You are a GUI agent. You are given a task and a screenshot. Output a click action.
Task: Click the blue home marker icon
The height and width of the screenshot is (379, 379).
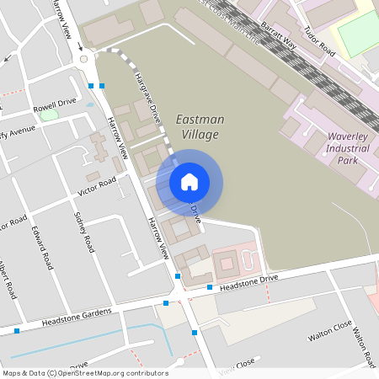(x=189, y=181)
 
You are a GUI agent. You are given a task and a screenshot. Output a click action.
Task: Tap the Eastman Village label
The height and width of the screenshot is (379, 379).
(x=199, y=127)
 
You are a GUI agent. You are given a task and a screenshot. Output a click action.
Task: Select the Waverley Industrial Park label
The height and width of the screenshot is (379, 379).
(x=346, y=147)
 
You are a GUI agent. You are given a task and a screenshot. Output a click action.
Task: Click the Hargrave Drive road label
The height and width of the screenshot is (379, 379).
(x=148, y=96)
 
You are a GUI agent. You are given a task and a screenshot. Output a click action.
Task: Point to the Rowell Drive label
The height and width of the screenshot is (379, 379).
(x=54, y=107)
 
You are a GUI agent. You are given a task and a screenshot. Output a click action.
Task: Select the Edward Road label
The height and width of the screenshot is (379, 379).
(x=43, y=247)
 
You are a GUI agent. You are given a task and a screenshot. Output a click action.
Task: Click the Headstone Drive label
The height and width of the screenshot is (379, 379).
(x=248, y=283)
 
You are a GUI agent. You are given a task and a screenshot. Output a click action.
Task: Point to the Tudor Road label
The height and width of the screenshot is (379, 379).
(x=319, y=40)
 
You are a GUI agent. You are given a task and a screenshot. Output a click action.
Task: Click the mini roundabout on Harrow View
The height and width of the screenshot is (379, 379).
(x=83, y=59)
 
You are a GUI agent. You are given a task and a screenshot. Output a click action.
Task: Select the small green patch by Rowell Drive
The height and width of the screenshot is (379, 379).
(x=48, y=115)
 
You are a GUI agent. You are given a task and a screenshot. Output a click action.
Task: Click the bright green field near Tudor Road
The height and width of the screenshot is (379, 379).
(x=358, y=29)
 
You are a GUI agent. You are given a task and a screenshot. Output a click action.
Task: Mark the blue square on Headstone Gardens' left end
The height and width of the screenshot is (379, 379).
(x=17, y=331)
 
